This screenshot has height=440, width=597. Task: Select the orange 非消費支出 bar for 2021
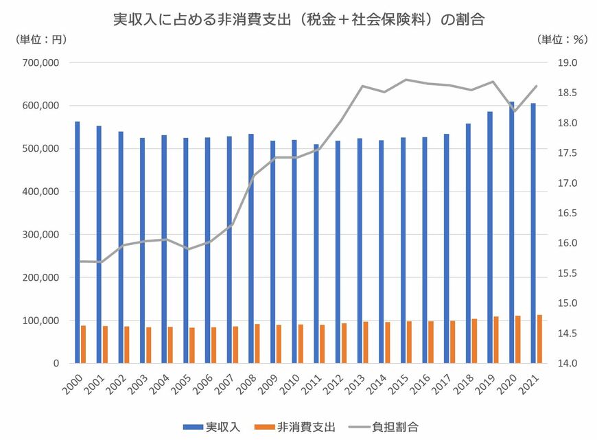pyautogui.click(x=540, y=339)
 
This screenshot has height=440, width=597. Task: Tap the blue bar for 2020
pyautogui.click(x=512, y=233)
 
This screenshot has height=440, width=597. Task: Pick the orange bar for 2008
pyautogui.click(x=257, y=343)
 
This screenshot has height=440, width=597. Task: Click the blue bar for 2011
pyautogui.click(x=316, y=254)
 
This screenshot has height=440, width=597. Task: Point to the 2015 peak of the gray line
pyautogui.click(x=406, y=80)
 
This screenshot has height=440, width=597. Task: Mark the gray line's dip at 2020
pyautogui.click(x=515, y=111)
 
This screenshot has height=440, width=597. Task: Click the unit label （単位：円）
pyautogui.click(x=40, y=40)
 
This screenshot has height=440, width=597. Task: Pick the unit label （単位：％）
pyautogui.click(x=562, y=40)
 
